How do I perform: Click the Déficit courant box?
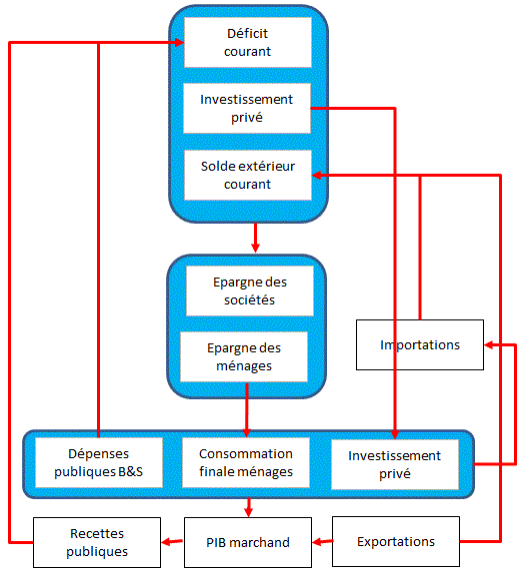248,42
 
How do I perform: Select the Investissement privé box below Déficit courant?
247,108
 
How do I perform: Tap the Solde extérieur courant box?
248,175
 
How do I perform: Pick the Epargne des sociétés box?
250,290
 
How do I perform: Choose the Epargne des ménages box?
244,356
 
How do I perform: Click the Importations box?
420,345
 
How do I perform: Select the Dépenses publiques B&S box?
99,462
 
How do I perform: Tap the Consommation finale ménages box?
246,462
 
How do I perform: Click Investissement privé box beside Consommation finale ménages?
395,464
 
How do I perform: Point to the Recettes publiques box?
97,542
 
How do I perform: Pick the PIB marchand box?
248,542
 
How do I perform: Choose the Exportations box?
396,541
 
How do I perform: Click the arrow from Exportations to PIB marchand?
322,542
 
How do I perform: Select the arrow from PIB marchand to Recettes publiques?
172,542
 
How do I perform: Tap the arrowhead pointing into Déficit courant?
179,42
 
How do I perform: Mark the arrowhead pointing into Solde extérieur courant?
317,176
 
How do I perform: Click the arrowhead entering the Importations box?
489,344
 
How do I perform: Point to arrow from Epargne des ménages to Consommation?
247,410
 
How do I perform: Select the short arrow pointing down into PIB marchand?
249,507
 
